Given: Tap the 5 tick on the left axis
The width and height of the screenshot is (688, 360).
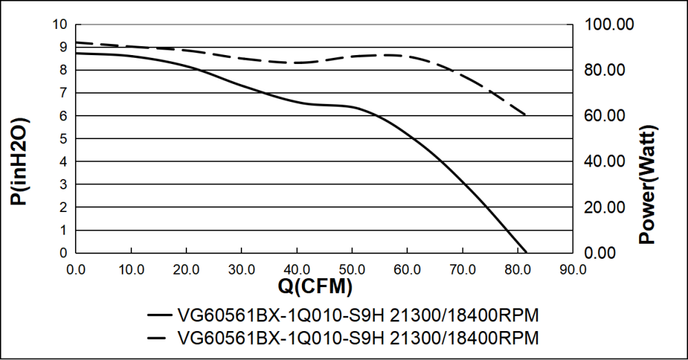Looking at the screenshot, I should point(63,139).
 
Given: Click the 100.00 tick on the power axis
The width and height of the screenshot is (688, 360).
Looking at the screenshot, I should point(609,25).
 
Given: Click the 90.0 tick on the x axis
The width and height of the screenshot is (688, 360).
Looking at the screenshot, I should point(572,269).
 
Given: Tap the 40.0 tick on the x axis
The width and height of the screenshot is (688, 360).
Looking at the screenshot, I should point(297,269).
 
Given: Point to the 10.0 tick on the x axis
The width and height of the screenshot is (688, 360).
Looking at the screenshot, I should point(131,269).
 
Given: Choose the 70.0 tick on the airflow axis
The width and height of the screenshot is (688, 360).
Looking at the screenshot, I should point(462,269).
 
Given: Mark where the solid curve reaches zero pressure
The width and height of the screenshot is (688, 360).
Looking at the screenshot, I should point(526,253).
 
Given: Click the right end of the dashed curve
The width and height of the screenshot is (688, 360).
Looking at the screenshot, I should point(526,115).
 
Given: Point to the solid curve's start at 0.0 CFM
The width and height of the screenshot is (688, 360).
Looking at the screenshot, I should point(76,53).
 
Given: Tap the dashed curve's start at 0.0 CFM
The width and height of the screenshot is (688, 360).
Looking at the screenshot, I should point(76,43).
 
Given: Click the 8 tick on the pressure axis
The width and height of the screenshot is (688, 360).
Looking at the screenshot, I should point(63,70).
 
